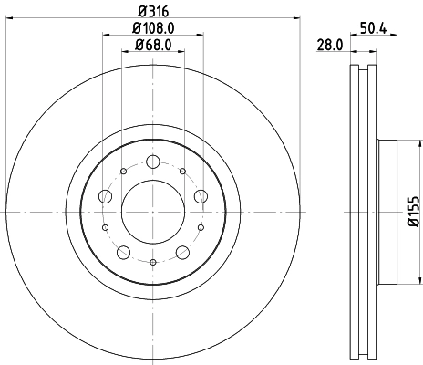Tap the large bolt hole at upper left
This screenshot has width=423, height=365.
[106, 196]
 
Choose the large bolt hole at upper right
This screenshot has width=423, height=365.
[200, 196]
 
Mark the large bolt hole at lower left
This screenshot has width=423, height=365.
[123, 252]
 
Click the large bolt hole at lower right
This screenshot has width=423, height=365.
[181, 252]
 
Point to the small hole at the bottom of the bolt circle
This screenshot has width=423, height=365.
[152, 263]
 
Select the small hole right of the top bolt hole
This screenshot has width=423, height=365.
[182, 170]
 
